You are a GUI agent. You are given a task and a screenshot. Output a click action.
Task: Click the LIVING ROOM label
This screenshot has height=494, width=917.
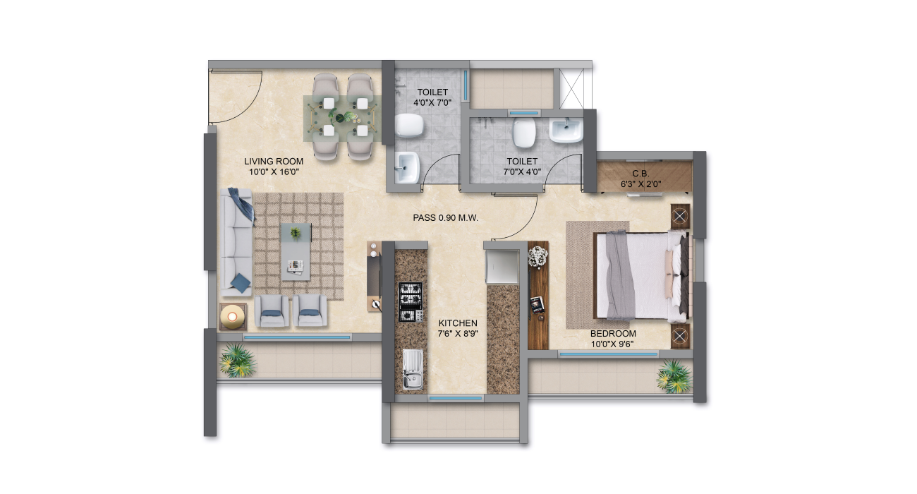point(274,162)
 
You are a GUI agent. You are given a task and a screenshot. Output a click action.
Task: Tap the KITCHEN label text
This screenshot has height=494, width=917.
point(458,323)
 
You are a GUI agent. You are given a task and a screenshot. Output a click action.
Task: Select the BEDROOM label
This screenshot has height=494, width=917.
point(613,334)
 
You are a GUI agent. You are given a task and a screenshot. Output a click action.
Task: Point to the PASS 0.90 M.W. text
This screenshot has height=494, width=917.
point(445,218)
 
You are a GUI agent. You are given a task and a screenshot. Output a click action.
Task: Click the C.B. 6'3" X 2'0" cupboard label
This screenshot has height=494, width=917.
point(640,179)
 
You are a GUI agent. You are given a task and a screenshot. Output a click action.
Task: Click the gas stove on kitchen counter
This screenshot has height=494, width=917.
point(411,302)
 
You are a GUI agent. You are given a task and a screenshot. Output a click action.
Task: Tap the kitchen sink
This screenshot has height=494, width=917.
point(412,369)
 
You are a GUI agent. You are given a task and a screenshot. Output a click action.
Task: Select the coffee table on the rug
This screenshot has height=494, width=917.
point(296,252)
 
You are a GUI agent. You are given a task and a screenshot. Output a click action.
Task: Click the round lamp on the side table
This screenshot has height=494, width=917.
point(232,317)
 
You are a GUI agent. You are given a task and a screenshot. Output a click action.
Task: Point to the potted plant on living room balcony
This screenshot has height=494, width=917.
point(237,360)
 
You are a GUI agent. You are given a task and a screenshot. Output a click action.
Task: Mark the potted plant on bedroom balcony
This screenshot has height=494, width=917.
point(674,376)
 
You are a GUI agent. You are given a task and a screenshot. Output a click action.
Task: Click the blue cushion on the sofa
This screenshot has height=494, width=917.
point(241,283)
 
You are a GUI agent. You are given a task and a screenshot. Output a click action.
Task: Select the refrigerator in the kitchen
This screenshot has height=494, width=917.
point(502,267)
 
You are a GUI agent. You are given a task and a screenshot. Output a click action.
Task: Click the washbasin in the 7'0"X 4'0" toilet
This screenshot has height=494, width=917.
point(566,131)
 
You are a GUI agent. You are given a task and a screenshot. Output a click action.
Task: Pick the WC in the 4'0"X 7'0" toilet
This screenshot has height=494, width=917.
point(409,125)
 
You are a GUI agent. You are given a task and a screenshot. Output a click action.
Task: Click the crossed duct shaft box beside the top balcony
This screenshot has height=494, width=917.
point(571,88)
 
